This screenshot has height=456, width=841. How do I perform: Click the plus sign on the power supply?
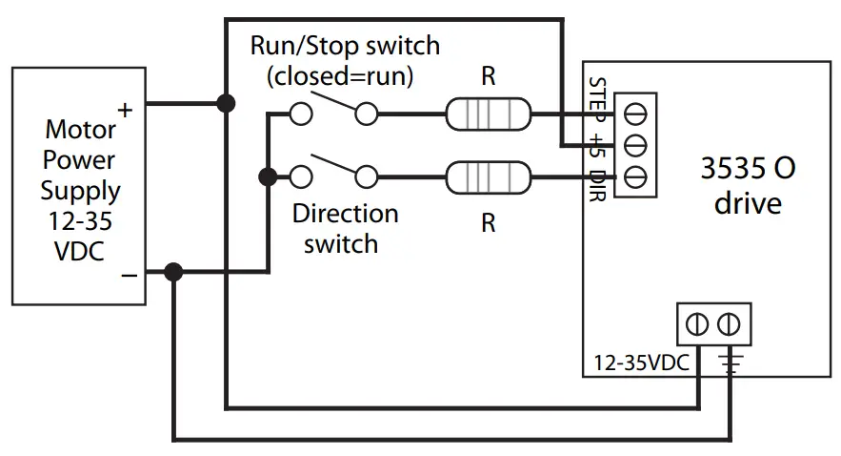pyautogui.click(x=125, y=111)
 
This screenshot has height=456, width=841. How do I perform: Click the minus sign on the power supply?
pyautogui.click(x=129, y=275)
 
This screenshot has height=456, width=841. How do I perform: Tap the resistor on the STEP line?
pyautogui.click(x=488, y=115)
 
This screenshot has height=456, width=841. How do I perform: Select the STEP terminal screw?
pyautogui.click(x=635, y=114)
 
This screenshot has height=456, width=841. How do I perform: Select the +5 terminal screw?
pyautogui.click(x=635, y=146)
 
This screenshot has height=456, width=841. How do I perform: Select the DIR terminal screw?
pyautogui.click(x=635, y=176)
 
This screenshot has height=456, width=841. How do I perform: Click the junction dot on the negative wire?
pyautogui.click(x=172, y=272)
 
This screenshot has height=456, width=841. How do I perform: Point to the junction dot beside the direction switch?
pyautogui.click(x=268, y=176)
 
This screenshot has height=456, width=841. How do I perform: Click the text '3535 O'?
pyautogui.click(x=748, y=169)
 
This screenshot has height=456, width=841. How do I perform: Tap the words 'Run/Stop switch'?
pyautogui.click(x=345, y=45)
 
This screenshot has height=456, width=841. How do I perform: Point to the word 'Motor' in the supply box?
pyautogui.click(x=80, y=128)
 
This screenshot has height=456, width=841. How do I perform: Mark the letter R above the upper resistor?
pyautogui.click(x=488, y=76)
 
